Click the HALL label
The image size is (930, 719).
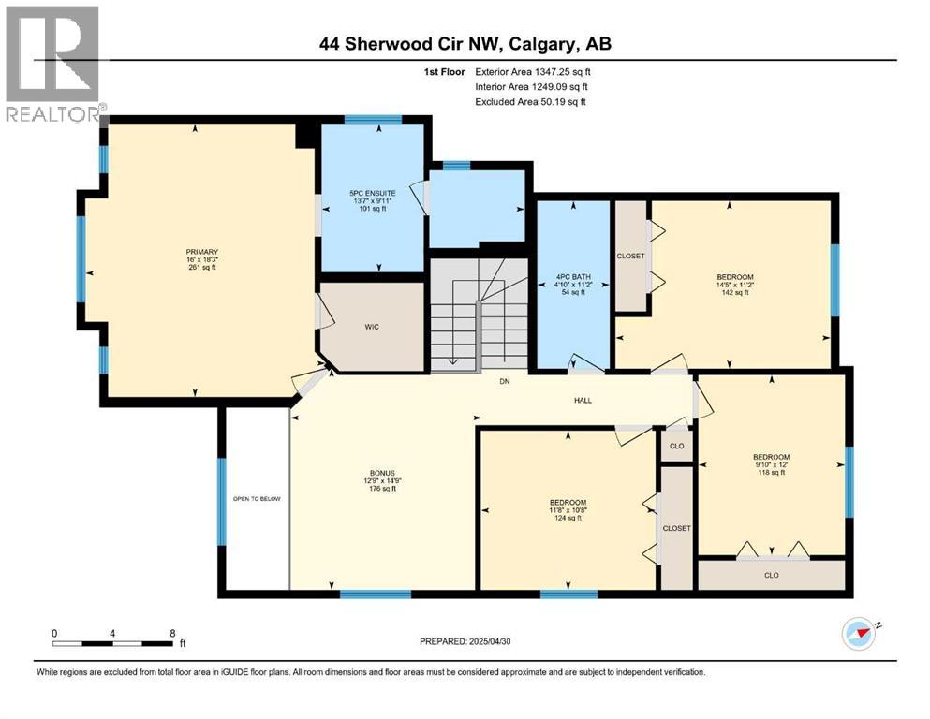coord(583,401)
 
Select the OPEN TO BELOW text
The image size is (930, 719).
coord(257,499)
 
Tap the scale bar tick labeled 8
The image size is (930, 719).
coord(172,633)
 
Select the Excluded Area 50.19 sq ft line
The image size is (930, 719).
coord(533,101)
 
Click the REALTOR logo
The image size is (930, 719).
coord(52,64)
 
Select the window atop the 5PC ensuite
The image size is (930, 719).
coord(374,119)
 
